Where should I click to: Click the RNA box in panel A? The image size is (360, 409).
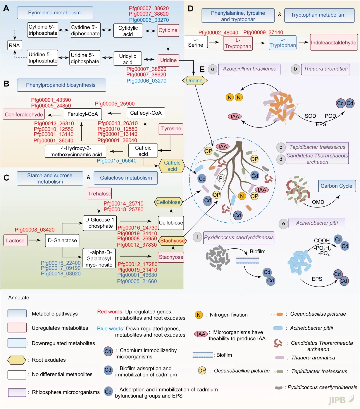[14, 45]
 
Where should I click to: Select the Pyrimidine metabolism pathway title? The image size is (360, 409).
[55, 13]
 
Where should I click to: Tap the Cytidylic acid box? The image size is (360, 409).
[128, 31]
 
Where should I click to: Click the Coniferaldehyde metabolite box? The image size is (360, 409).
[24, 114]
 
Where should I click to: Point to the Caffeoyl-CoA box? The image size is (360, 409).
[146, 113]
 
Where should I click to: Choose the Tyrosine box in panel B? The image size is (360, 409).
[171, 129]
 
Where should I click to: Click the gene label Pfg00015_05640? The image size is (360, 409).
[117, 161]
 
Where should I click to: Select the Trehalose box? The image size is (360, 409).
[99, 194]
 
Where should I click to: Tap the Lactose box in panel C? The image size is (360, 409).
[15, 240]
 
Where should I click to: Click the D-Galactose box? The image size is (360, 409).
[62, 240]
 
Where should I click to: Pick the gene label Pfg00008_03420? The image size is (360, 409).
[35, 230]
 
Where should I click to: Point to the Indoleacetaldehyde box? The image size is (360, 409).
[333, 43]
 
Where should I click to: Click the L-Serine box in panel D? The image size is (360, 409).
[196, 42]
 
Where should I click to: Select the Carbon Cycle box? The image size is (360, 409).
[336, 186]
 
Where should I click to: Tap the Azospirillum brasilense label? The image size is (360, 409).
[249, 69]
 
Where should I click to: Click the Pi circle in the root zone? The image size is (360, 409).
[221, 178]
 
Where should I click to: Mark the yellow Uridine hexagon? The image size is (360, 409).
[194, 80]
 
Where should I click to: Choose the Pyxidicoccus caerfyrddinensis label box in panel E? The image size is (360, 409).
[239, 238]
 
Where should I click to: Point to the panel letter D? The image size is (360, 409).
[190, 8]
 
